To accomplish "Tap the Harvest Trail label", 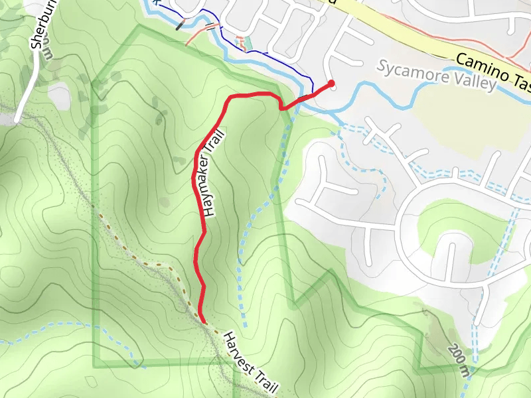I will [247, 362].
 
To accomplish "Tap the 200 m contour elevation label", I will [458, 358].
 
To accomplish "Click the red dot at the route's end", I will [331, 84].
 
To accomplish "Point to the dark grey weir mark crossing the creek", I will [180, 26].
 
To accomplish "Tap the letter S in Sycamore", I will [384, 67].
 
